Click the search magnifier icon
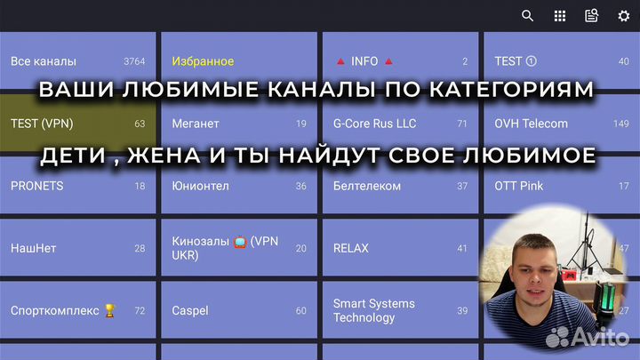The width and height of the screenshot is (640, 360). (x=528, y=16)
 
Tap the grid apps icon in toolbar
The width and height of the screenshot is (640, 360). (x=560, y=16)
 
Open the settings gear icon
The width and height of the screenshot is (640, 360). (x=624, y=16)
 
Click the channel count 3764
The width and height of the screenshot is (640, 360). (x=134, y=61)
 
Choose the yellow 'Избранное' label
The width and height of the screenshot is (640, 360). (x=203, y=61)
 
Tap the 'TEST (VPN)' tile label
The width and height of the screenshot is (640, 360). (x=41, y=124)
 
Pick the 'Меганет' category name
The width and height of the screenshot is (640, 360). (x=196, y=124)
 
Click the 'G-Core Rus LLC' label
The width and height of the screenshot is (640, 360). (x=374, y=124)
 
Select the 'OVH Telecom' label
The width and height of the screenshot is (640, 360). (x=531, y=124)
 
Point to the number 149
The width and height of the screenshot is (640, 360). (x=620, y=124)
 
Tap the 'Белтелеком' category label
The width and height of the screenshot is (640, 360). (x=366, y=186)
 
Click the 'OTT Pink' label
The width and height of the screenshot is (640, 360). (x=519, y=186)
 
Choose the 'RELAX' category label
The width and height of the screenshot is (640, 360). (x=350, y=248)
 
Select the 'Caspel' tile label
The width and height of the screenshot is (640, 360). (x=190, y=310)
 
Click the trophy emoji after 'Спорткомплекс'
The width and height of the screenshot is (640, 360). (x=110, y=310)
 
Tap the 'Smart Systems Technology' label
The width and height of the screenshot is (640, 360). (x=373, y=310)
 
